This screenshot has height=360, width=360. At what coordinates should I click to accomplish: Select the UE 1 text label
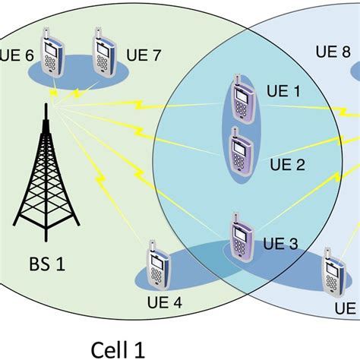pos(286,92)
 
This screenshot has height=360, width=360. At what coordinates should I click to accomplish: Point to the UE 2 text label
pos(287,164)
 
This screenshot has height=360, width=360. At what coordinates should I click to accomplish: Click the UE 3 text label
pos(282,243)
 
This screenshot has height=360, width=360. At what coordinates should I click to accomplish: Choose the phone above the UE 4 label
pos(158,266)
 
